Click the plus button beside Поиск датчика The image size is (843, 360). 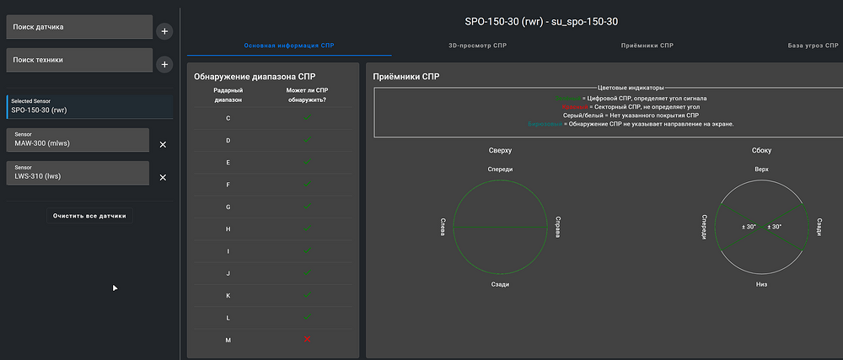(164, 31)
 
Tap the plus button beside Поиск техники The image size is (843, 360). (164, 64)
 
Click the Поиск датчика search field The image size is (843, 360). (78, 27)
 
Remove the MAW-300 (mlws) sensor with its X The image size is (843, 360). (163, 144)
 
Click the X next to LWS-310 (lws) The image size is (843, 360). (163, 177)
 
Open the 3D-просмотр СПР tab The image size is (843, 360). (477, 44)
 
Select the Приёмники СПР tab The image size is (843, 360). (647, 44)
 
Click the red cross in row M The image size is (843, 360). (307, 339)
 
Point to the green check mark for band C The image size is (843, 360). (307, 117)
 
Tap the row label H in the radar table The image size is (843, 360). (228, 228)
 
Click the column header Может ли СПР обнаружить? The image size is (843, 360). (307, 94)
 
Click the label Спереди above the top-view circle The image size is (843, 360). (500, 169)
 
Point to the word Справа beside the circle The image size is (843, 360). (556, 227)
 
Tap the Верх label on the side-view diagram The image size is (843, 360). (761, 169)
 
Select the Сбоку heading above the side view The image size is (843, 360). (761, 150)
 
